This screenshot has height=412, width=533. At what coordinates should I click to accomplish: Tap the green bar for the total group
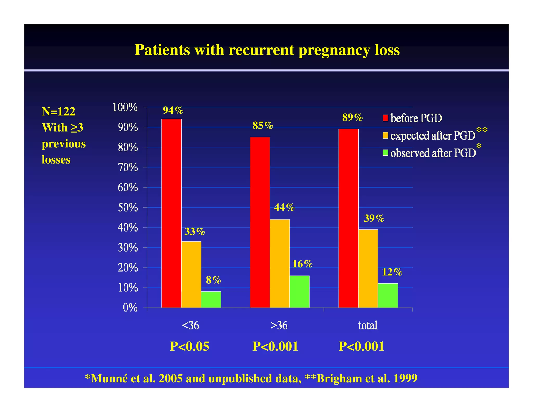(388, 295)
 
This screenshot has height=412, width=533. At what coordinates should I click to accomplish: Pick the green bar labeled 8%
(211, 299)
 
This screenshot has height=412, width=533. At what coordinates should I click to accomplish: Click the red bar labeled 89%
(348, 218)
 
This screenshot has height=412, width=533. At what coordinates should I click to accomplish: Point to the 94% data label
(173, 111)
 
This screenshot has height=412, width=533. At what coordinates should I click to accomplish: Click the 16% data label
(302, 264)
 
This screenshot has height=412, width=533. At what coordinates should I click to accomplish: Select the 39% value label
(374, 218)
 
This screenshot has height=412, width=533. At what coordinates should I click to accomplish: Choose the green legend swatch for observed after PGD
(385, 153)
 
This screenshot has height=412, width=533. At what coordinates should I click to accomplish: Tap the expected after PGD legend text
(433, 136)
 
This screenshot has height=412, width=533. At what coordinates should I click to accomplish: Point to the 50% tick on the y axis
(128, 208)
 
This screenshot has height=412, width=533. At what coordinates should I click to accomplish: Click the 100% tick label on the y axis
(125, 107)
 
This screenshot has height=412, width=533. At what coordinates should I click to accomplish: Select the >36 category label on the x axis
(279, 325)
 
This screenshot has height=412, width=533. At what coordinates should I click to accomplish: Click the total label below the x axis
(368, 325)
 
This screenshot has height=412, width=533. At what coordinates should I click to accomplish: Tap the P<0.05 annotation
(189, 346)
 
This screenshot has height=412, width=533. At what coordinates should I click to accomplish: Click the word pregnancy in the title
(334, 50)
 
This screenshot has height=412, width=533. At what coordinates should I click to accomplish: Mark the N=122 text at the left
(58, 111)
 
